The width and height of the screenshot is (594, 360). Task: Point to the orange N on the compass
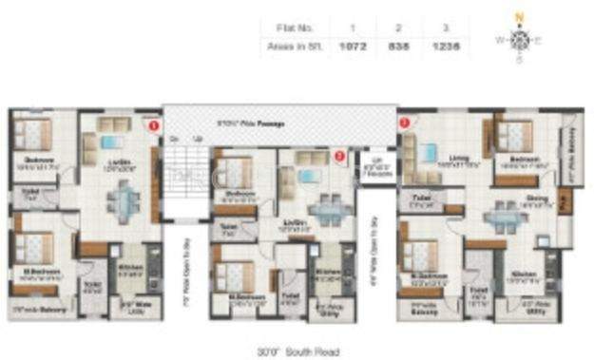coord(518,15)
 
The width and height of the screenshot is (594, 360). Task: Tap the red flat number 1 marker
coord(152,124)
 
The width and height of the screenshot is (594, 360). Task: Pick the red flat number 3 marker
coord(405,123)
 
